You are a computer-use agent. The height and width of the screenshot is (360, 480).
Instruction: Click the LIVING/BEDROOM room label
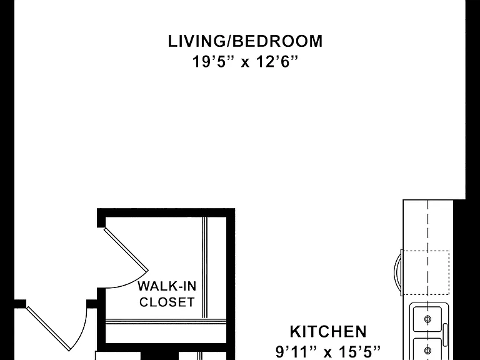point(245,41)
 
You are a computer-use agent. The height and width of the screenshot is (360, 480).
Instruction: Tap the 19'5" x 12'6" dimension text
point(245,61)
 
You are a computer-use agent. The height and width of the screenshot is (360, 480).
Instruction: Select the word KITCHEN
point(328,331)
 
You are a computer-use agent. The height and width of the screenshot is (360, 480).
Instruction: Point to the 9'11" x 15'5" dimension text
point(328,351)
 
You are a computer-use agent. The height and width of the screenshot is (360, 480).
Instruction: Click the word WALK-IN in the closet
point(167,286)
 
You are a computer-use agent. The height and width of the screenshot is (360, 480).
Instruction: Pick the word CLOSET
point(167,302)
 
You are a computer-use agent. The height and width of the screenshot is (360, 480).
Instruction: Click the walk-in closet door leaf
point(126,249)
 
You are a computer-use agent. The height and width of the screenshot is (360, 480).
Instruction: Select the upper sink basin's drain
point(428,319)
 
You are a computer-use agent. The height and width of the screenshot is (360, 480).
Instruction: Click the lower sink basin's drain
point(428,350)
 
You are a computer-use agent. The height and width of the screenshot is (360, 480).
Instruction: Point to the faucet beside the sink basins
point(445,331)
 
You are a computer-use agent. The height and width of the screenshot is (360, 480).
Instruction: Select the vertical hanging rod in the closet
point(204,267)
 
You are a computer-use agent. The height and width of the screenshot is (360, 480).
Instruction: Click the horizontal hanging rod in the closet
point(166,321)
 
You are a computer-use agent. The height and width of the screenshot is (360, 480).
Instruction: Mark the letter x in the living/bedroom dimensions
point(245,63)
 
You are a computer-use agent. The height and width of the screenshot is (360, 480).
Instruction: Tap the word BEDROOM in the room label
point(277,41)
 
